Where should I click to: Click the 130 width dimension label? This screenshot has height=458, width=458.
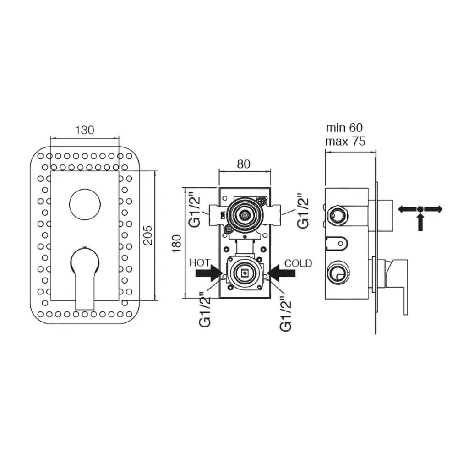point(85,130)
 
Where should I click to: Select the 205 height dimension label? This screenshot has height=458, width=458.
point(148,235)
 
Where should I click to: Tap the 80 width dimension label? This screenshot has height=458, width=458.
point(244,164)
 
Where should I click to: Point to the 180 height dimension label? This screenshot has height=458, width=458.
point(177,243)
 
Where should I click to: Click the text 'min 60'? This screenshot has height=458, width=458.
point(344,128)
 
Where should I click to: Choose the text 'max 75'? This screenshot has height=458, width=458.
point(345,142)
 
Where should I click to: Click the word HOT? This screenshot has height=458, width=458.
point(200,263)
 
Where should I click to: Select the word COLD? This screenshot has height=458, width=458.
point(298,263)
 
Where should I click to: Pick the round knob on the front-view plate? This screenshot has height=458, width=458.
point(85,204)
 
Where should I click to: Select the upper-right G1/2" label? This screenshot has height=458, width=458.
point(303,211)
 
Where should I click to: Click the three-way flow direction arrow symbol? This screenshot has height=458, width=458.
point(420,214)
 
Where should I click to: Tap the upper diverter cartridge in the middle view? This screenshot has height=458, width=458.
point(244,215)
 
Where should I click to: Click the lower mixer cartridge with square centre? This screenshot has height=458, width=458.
point(245,273)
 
